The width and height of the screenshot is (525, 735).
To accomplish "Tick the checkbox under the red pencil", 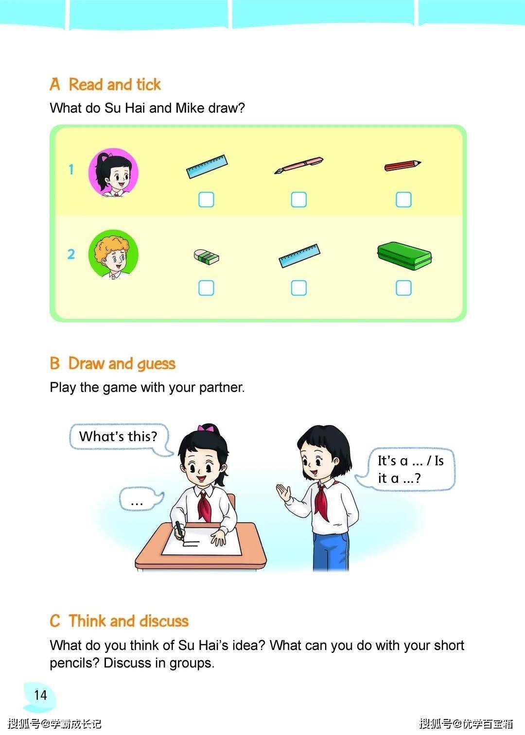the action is pyautogui.click(x=403, y=200).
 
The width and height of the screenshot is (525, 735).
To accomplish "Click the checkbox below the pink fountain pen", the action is pyautogui.click(x=299, y=200).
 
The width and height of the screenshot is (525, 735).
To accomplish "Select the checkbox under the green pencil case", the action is pyautogui.click(x=403, y=288).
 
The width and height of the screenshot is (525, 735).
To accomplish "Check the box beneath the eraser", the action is pyautogui.click(x=206, y=288).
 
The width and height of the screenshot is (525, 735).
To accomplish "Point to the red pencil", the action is pyautogui.click(x=403, y=165).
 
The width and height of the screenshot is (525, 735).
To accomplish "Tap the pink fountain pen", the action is pyautogui.click(x=299, y=165).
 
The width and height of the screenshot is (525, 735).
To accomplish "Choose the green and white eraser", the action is pyautogui.click(x=206, y=256).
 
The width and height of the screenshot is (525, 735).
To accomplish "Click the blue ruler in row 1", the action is pyautogui.click(x=207, y=166).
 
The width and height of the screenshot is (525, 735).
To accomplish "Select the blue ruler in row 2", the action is pyautogui.click(x=299, y=256).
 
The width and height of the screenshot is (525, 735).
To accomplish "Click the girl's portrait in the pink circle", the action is pyautogui.click(x=113, y=172).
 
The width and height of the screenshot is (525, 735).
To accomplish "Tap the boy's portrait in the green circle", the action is pyautogui.click(x=113, y=254).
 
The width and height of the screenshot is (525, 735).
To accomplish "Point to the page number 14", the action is pyautogui.click(x=41, y=695).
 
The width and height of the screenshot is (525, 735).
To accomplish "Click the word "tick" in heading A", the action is pyautogui.click(x=148, y=85).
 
